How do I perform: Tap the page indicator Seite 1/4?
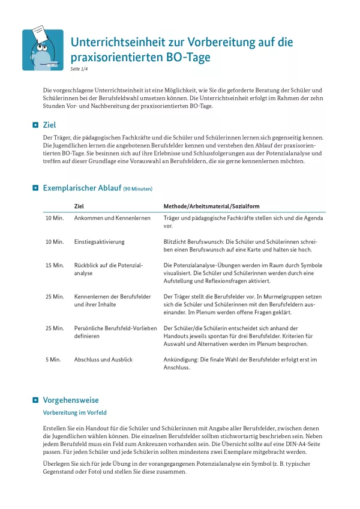(79, 69)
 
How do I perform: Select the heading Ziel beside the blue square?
(50, 125)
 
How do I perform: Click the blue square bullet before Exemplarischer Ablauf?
(35, 188)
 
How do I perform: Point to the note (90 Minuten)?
(138, 189)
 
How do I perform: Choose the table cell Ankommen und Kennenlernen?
(112, 218)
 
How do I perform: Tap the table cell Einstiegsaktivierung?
(99, 241)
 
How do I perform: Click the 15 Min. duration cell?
(55, 265)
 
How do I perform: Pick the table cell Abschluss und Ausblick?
(103, 360)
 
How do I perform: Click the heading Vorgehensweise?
(71, 400)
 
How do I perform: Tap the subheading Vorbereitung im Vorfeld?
(75, 413)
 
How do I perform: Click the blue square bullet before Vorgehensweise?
(35, 400)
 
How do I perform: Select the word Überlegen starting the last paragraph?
(58, 464)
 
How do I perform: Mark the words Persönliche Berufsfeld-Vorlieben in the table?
(115, 328)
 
